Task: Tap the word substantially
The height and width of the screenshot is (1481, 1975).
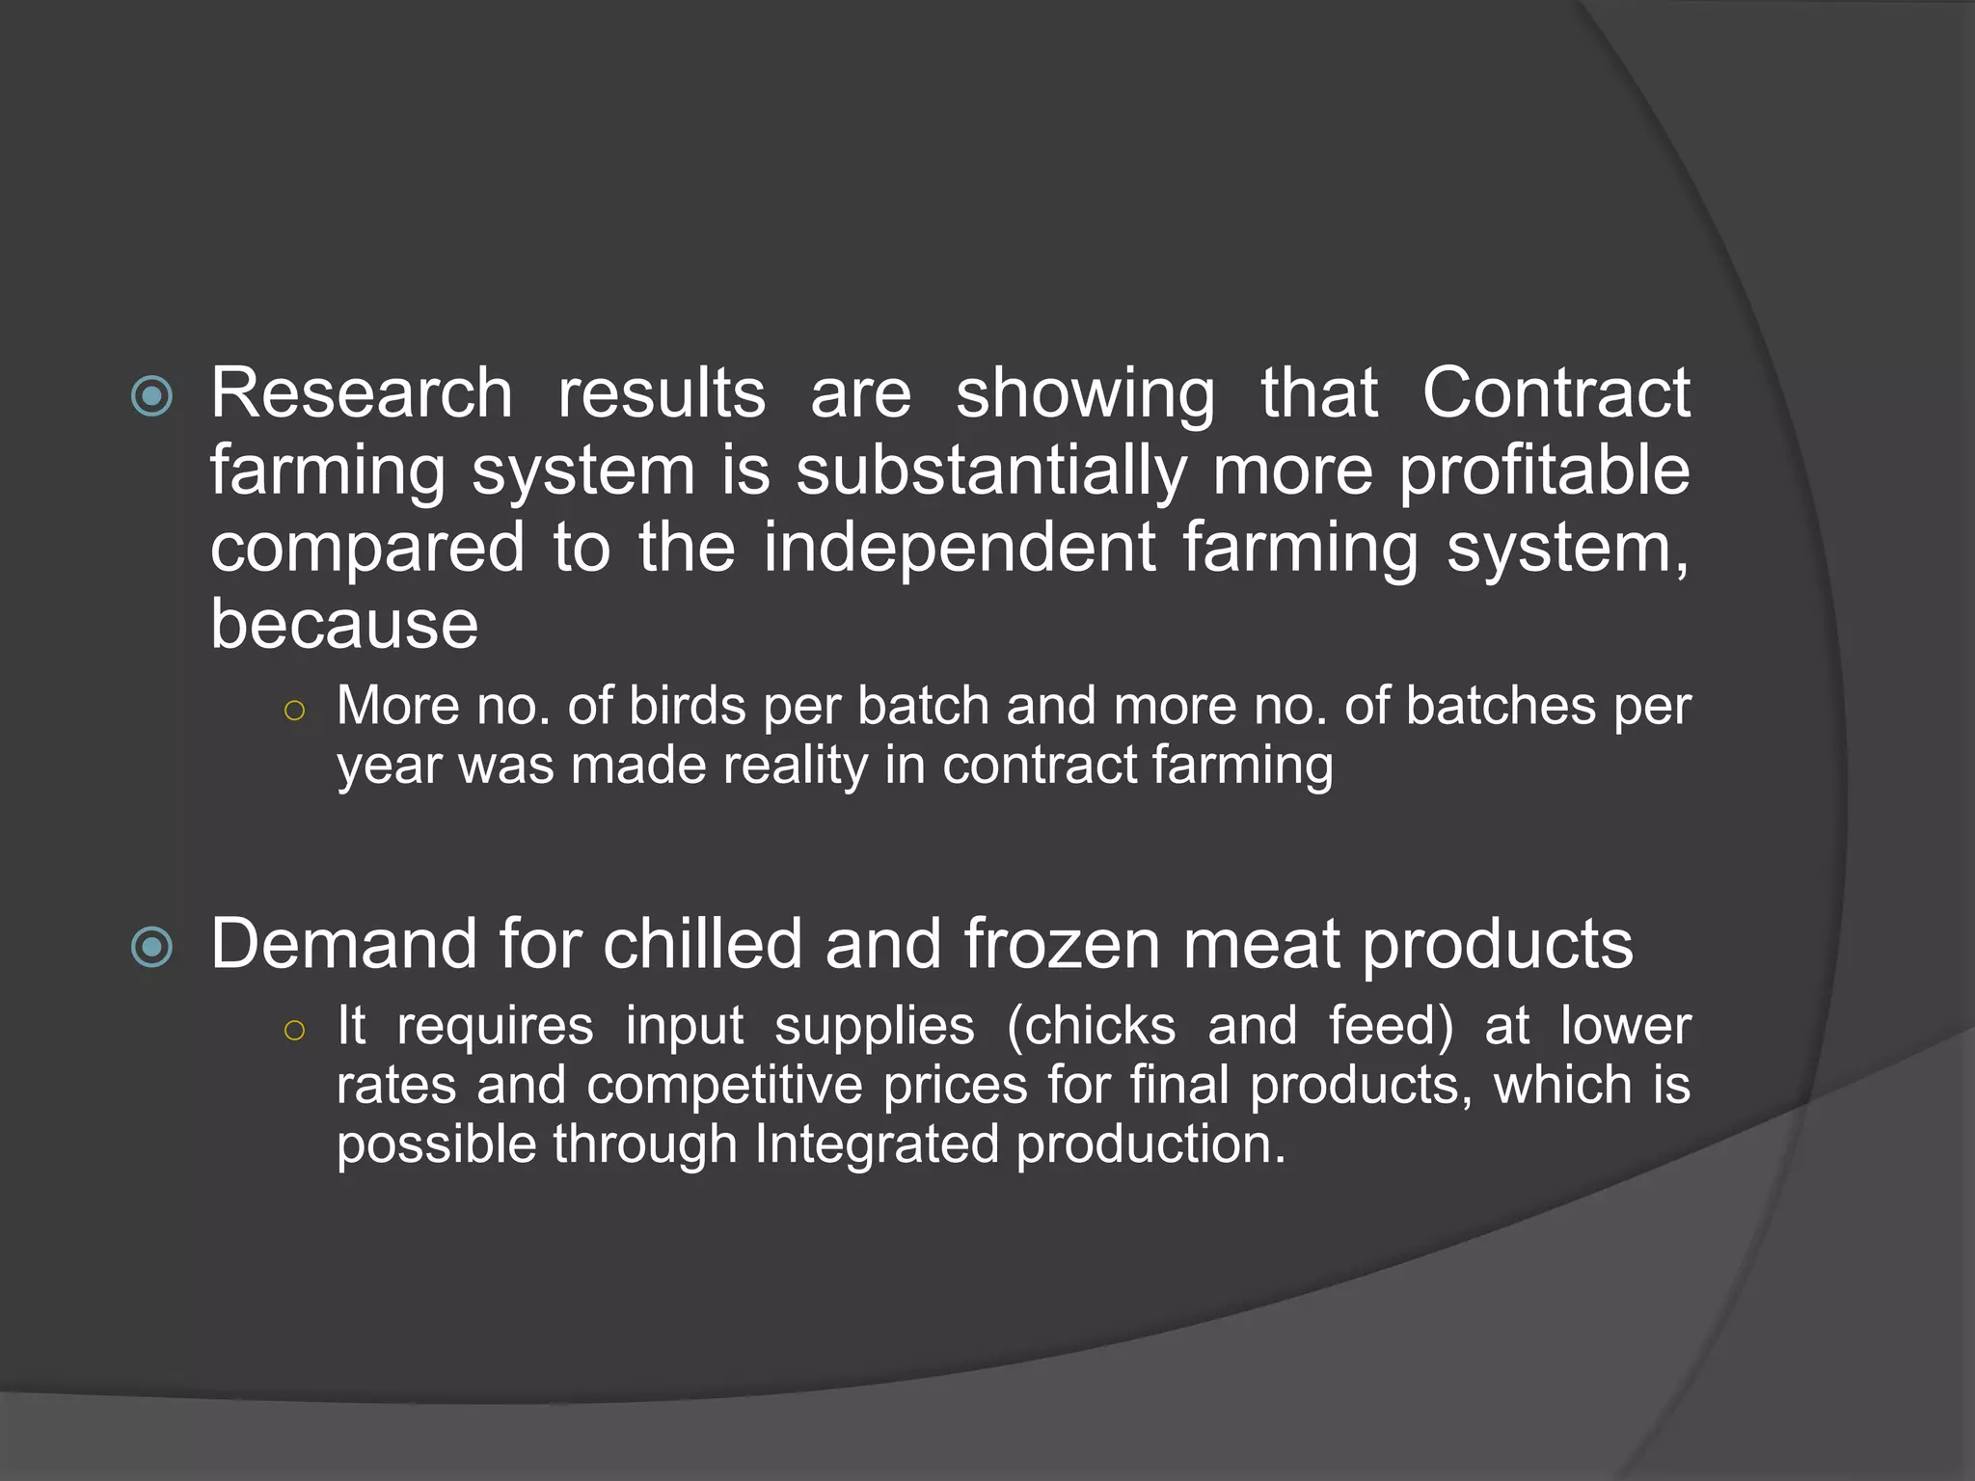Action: (990, 472)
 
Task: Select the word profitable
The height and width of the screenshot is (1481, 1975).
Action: (1544, 472)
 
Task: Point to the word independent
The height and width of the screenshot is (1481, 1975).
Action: (960, 548)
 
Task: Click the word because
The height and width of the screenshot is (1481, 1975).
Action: (344, 625)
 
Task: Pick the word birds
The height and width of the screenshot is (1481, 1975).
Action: (688, 706)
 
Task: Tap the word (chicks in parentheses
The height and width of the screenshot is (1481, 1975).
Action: (1091, 1025)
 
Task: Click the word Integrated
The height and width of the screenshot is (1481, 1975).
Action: (877, 1144)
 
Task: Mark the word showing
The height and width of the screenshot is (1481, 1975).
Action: (1086, 395)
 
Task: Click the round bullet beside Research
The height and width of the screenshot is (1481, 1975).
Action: (151, 395)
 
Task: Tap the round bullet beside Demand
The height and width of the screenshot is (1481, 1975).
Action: (151, 946)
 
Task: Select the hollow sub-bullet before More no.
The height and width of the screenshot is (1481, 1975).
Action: (295, 712)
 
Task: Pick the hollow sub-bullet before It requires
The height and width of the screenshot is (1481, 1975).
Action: (295, 1031)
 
